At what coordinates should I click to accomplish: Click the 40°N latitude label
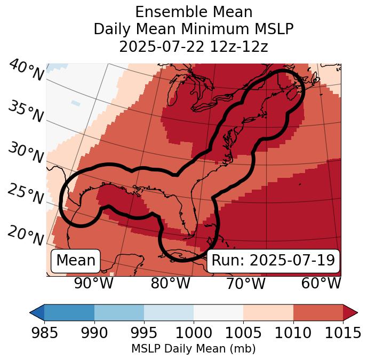pyautogui.click(x=26, y=71)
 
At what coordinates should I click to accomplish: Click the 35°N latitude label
pyautogui.click(x=25, y=112)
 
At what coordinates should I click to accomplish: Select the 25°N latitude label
pyautogui.click(x=25, y=194)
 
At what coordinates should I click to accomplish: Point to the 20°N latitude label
pyautogui.click(x=25, y=235)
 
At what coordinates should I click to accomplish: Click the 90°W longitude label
pyautogui.click(x=94, y=284)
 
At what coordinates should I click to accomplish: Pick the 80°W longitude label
pyautogui.click(x=170, y=284)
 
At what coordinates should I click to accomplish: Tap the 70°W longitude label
pyautogui.click(x=246, y=284)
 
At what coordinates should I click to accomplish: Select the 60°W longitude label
pyautogui.click(x=321, y=284)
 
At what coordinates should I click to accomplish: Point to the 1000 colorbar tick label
pyautogui.click(x=194, y=333)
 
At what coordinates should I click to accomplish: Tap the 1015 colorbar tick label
pyautogui.click(x=342, y=333)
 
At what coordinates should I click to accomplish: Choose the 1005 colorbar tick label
pyautogui.click(x=243, y=333)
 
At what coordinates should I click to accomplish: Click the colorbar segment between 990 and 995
pyautogui.click(x=119, y=312)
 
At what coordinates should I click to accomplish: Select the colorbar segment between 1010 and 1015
pyautogui.click(x=318, y=312)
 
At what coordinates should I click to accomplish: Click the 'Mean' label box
pyautogui.click(x=76, y=261)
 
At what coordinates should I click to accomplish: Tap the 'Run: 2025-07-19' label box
pyautogui.click(x=273, y=261)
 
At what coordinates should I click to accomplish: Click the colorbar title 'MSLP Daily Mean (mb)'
pyautogui.click(x=193, y=349)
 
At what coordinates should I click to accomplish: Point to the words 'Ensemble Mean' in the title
pyautogui.click(x=193, y=12)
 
